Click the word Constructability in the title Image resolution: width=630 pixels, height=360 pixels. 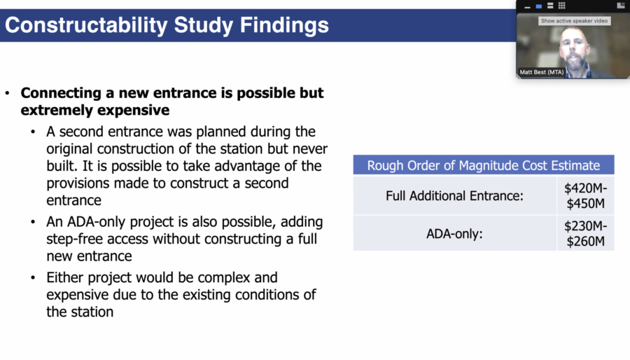[x=86, y=25]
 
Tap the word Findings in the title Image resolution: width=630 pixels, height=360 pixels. [x=284, y=25]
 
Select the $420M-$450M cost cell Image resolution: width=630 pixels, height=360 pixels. [x=585, y=195]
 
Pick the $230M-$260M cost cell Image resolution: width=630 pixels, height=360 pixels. [x=585, y=233]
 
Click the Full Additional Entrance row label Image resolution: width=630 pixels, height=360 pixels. [x=454, y=195]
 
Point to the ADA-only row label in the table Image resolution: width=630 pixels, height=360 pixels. [x=454, y=233]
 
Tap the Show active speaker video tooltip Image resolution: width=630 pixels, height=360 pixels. [x=574, y=21]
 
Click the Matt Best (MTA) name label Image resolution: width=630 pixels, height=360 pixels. [x=542, y=72]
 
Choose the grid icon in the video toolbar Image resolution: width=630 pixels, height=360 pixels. [x=561, y=5]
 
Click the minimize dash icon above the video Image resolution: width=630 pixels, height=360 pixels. [x=527, y=7]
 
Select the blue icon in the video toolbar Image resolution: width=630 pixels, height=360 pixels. [x=539, y=6]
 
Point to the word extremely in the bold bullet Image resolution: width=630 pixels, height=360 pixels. [x=59, y=110]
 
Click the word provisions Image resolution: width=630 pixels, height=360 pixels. [x=78, y=184]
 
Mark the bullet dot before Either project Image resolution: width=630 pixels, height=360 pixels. [x=33, y=277]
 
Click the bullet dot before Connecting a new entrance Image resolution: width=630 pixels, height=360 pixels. [x=7, y=93]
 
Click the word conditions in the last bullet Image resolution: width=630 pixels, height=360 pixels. [x=270, y=295]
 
